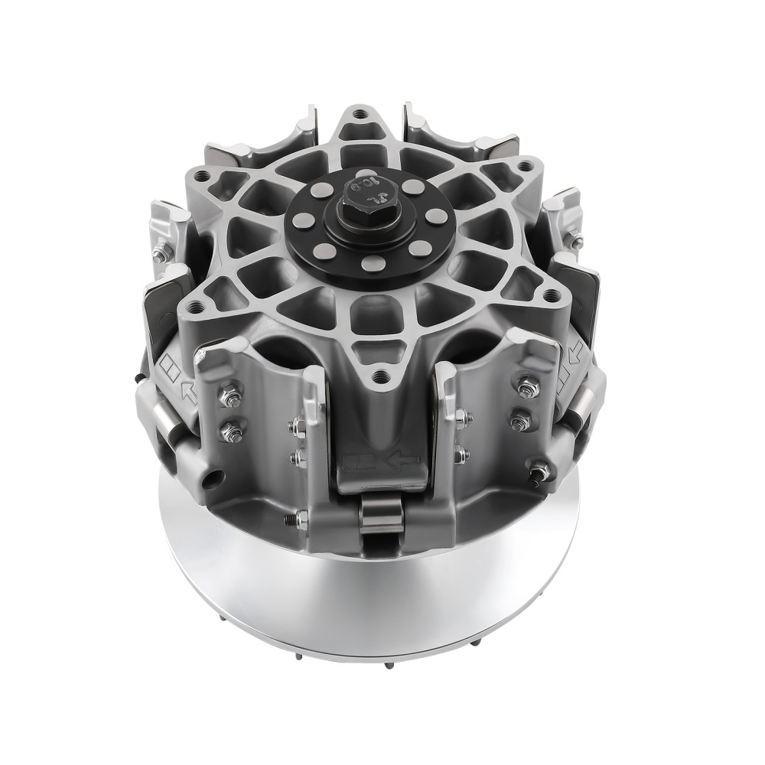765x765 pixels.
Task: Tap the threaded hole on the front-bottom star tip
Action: click(380, 377)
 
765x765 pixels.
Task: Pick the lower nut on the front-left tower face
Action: click(232, 432)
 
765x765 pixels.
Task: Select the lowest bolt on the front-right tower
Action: click(539, 473)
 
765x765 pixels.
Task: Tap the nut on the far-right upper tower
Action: click(575, 239)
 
